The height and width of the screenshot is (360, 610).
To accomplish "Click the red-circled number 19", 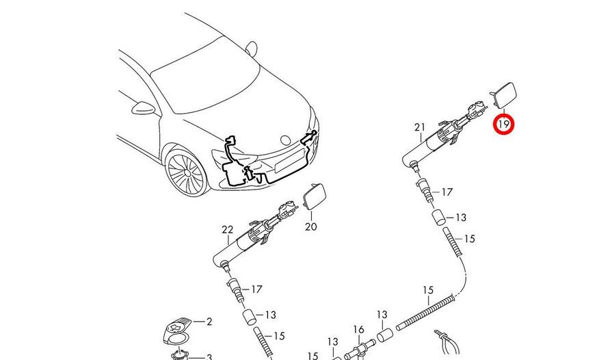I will pos(505,125).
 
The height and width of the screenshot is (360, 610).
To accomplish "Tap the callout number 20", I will pos(311,226).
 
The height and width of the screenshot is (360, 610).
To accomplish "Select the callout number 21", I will pos(419,127).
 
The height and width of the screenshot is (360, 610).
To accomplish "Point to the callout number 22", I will pos(227,229).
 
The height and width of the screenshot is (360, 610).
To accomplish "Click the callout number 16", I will pos(359,329).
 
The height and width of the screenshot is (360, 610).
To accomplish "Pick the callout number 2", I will pos(209,321).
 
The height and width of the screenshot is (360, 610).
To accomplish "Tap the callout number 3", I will pos(209,357).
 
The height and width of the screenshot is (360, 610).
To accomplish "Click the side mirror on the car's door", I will pos(144,107).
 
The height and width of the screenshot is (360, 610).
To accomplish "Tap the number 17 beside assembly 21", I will pos(447,192).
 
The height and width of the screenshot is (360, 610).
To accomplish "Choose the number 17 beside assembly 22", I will pos(256,290).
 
